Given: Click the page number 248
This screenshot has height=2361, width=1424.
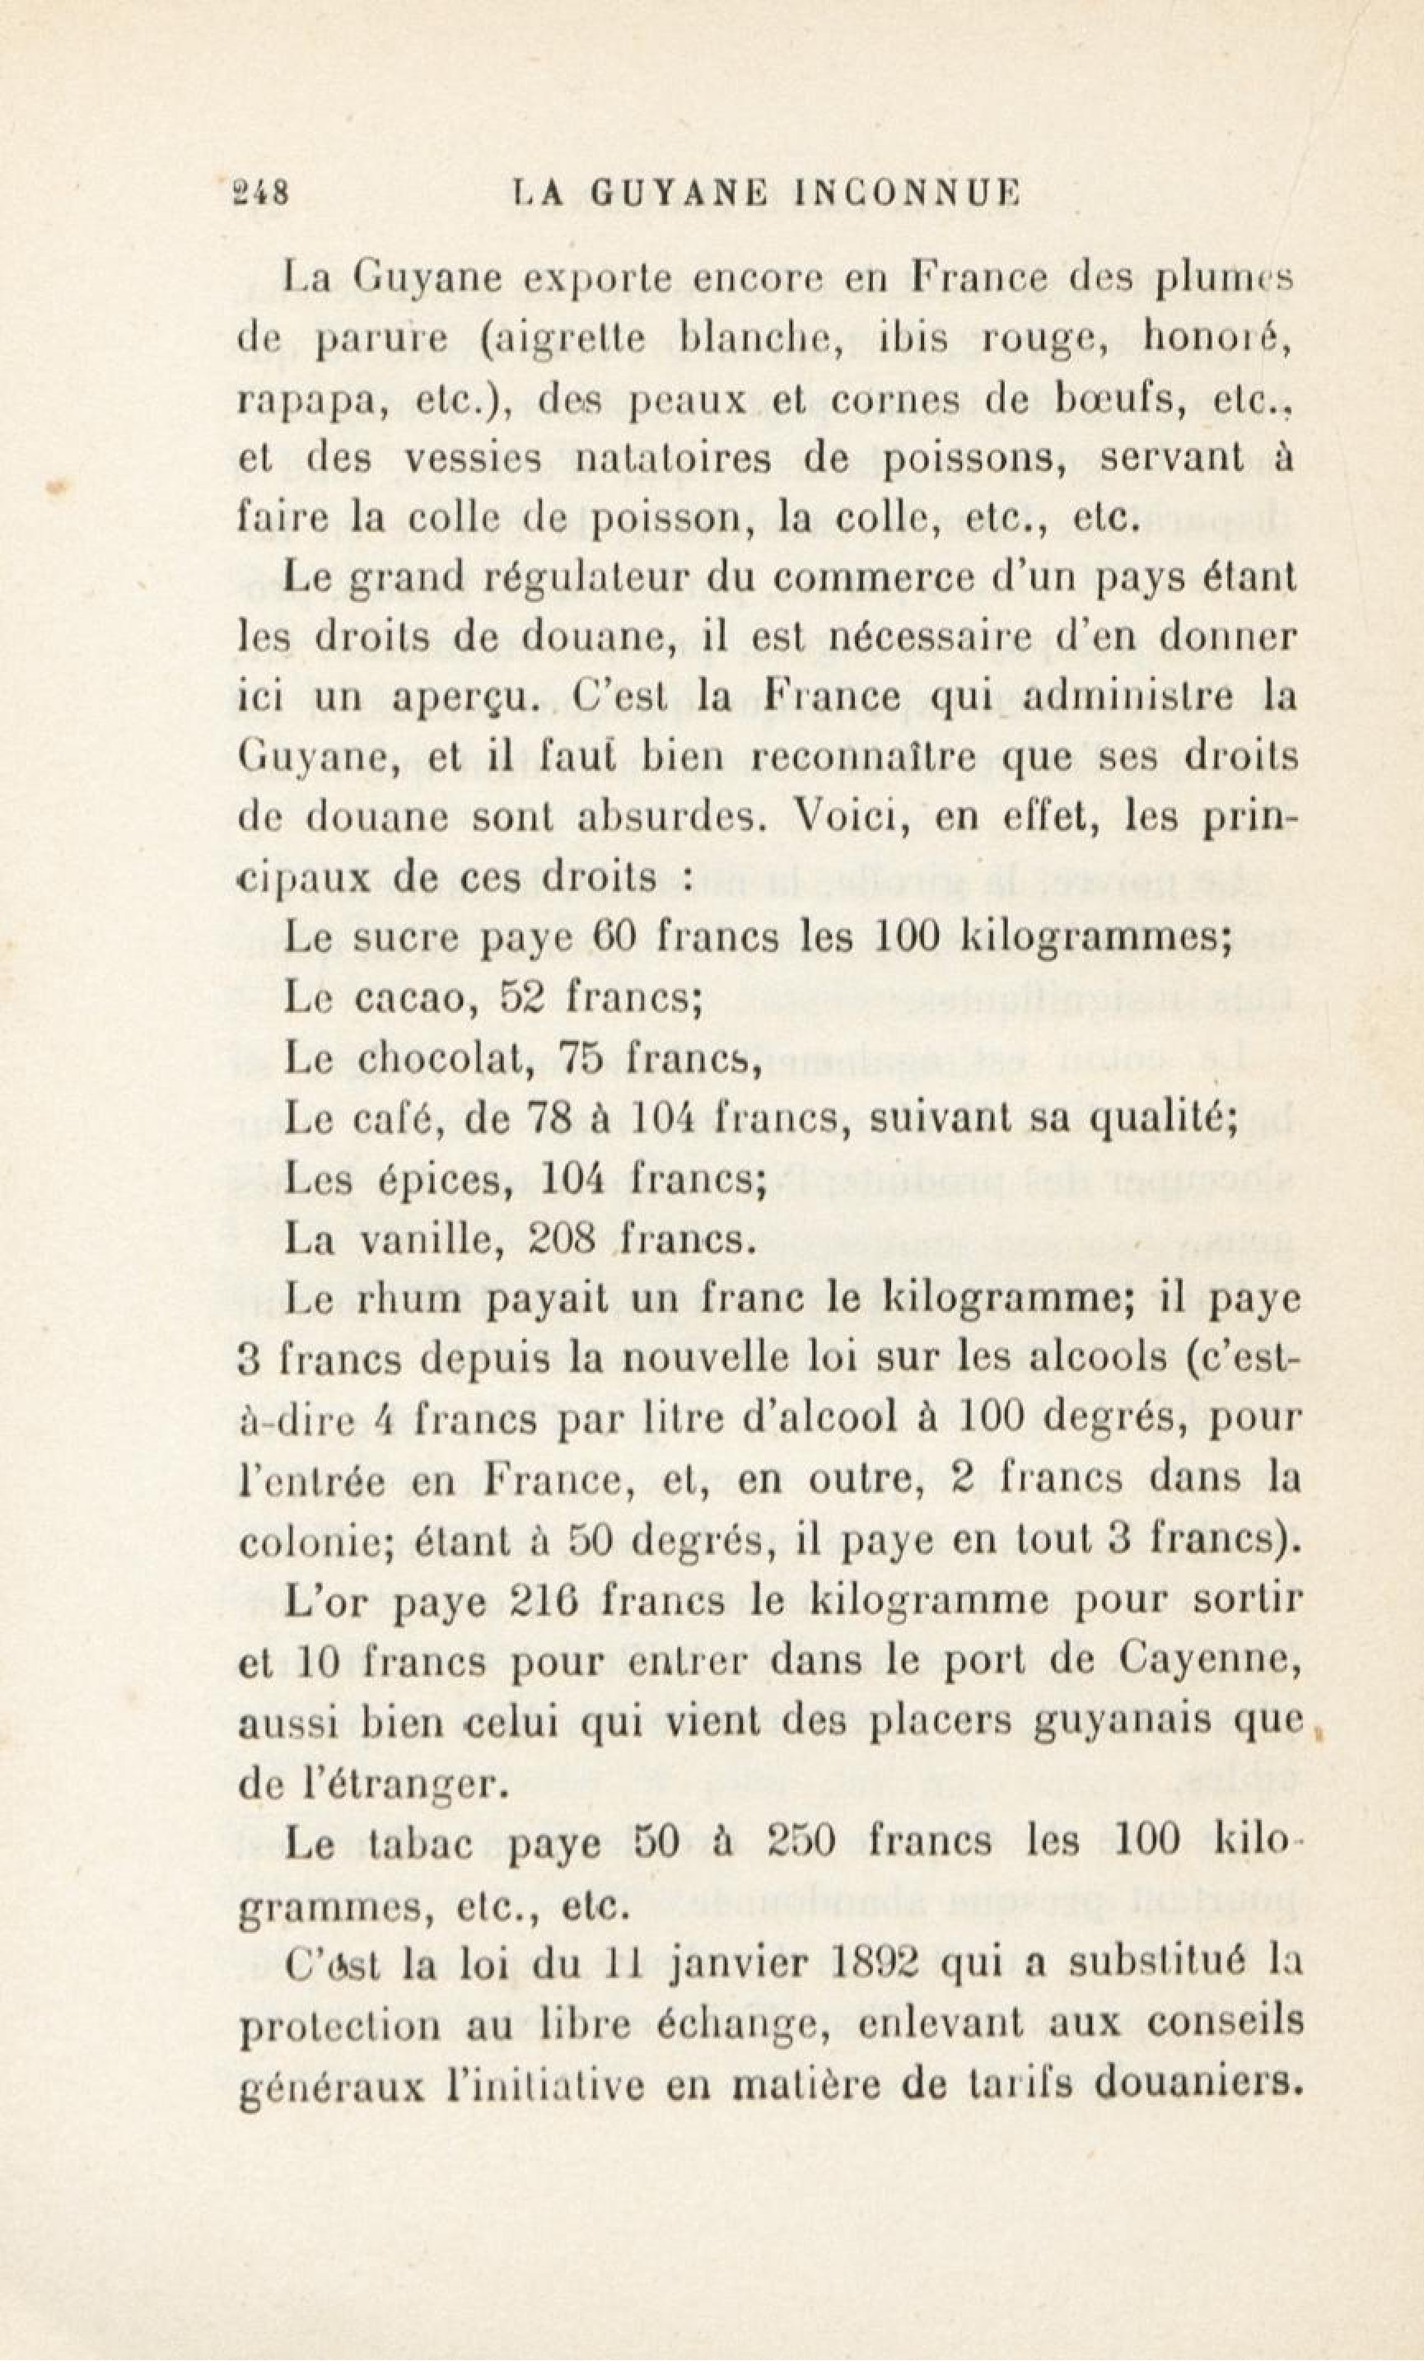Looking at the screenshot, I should (x=260, y=194).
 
